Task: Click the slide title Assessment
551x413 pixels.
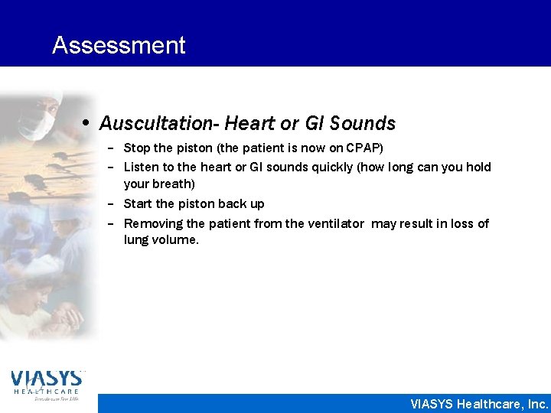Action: click(x=119, y=45)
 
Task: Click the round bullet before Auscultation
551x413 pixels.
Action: click(x=88, y=123)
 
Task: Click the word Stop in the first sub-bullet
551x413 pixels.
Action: click(x=137, y=147)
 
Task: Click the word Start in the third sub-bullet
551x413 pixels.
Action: click(x=138, y=203)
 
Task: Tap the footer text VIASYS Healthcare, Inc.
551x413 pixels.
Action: click(x=479, y=403)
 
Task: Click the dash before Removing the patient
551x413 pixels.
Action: click(x=111, y=223)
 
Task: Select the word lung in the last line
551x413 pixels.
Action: click(x=135, y=240)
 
